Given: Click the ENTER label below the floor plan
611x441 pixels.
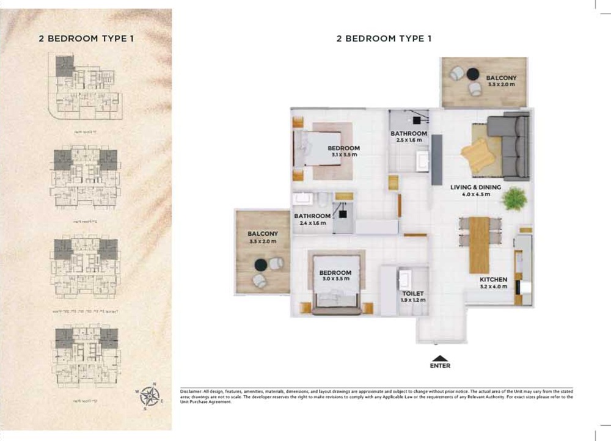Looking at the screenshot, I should tap(440, 366).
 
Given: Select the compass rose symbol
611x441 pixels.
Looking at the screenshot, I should tap(149, 396).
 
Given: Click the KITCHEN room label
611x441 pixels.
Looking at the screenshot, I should tap(493, 279).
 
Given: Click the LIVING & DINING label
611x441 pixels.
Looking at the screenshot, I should tap(475, 187).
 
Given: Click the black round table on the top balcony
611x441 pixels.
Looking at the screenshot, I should tap(472, 74).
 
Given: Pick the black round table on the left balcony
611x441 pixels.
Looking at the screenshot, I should tap(261, 265).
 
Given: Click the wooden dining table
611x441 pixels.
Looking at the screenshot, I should tap(479, 245).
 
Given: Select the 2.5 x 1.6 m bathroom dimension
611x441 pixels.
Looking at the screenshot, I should tap(409, 140).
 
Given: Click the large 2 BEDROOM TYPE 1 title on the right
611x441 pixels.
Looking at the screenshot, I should tap(384, 38).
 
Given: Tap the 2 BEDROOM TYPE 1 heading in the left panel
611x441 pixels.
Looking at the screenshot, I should tap(86, 38).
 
